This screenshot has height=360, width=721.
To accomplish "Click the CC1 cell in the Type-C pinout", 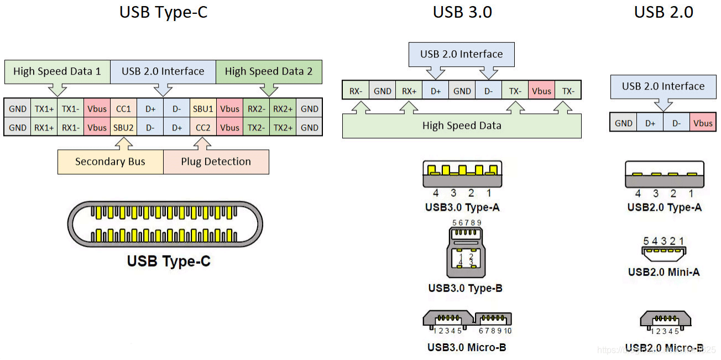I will [x=123, y=109].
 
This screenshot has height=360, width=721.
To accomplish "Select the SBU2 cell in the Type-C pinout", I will [x=123, y=128].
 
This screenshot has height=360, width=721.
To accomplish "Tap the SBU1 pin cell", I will [x=203, y=109].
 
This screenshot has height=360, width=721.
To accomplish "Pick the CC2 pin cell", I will [x=203, y=128].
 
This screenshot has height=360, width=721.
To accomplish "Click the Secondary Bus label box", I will [x=110, y=162].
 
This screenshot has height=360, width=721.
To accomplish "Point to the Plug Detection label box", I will [x=216, y=162].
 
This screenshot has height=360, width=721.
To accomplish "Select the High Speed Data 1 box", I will [x=57, y=71].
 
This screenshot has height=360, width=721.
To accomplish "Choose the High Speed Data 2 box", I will [x=269, y=71].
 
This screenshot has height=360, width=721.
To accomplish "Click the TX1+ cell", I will [x=44, y=109].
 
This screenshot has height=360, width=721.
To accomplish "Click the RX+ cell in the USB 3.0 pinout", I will [x=409, y=91].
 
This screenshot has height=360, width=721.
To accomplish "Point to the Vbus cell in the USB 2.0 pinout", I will [x=703, y=123].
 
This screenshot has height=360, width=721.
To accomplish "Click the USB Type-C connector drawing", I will [x=165, y=225].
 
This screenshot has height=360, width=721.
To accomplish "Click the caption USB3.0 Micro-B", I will [x=467, y=347].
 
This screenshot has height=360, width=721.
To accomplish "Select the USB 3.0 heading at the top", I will [x=462, y=12].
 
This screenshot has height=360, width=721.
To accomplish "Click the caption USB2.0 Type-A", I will [x=664, y=207].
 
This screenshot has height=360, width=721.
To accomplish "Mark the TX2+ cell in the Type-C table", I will [x=283, y=128].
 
